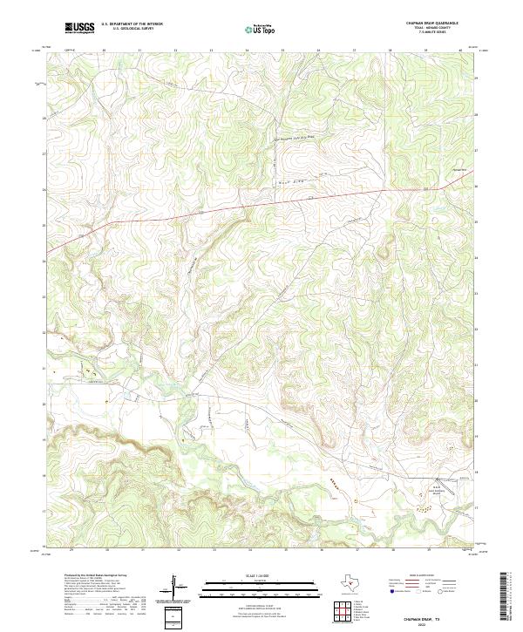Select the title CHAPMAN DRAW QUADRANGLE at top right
point(433,24)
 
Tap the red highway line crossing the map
point(218,208)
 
